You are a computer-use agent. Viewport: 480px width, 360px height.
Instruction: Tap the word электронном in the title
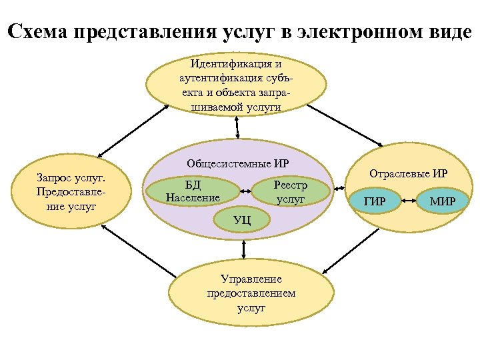tap(355, 31)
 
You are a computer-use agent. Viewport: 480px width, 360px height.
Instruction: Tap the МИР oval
tap(443, 201)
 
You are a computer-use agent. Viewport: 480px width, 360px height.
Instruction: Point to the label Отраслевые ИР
tap(408, 175)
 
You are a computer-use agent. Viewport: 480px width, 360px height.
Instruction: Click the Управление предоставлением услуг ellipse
tap(251, 294)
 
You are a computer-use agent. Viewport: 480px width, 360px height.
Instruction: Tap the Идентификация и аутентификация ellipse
tap(236, 85)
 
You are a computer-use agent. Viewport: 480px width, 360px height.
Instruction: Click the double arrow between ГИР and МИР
tap(408, 200)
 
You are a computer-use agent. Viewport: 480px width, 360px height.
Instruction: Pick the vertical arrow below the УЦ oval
tap(245, 248)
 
